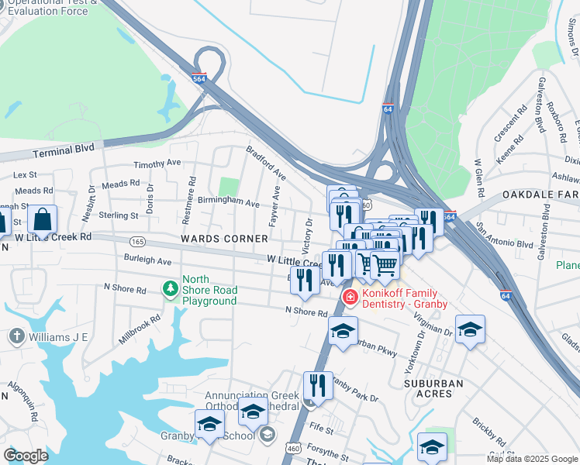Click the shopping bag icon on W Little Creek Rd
[x=43, y=219]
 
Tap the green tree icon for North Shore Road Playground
[x=171, y=289]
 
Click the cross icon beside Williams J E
[x=16, y=336]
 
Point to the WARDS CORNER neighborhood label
[x=213, y=239]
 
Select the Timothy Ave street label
[x=157, y=164]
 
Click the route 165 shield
[x=138, y=241]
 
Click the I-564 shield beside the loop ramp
[x=199, y=79]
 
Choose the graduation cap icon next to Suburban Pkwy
[x=343, y=331]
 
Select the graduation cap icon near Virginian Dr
[x=470, y=329]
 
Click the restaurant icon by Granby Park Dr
[x=318, y=384]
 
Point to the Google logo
[x=26, y=455]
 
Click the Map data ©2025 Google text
[x=532, y=459]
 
